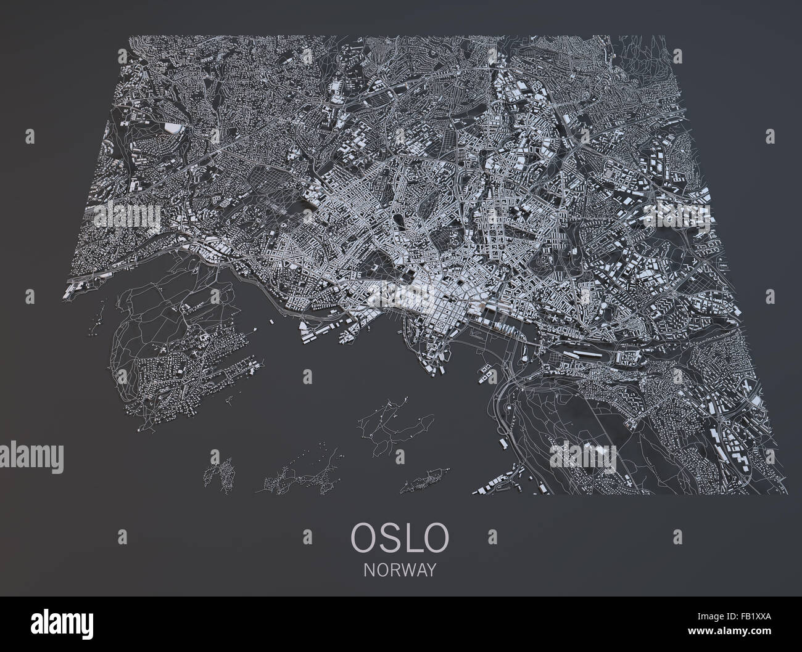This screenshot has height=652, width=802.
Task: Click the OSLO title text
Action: click(x=400, y=537)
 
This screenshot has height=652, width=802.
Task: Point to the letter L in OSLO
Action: click(x=415, y=537)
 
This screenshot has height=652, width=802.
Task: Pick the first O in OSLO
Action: click(x=362, y=537)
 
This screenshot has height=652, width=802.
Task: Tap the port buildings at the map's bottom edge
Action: click(x=506, y=481)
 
